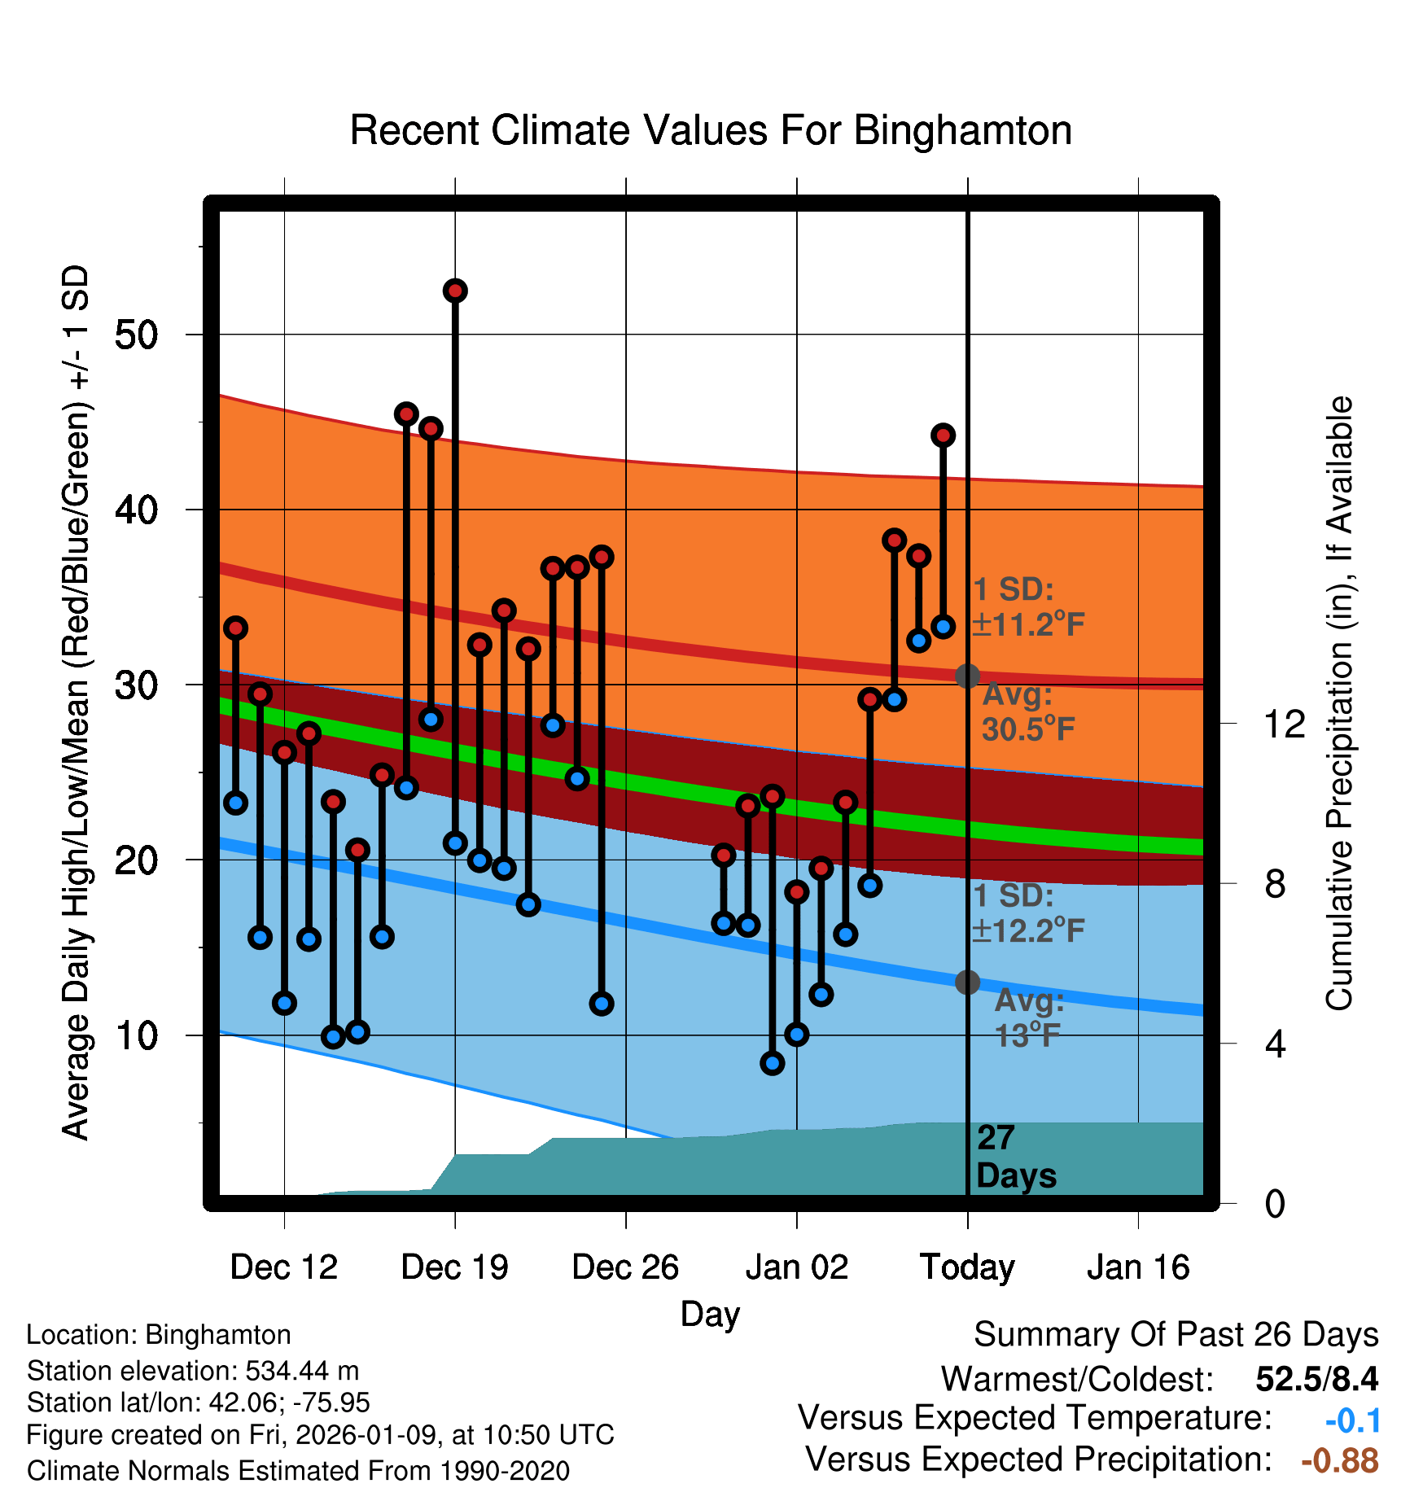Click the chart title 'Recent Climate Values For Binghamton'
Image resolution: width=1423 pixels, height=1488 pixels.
(710, 130)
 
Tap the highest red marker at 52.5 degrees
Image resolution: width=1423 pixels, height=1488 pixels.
(455, 291)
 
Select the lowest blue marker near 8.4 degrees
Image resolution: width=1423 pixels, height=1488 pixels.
(773, 1063)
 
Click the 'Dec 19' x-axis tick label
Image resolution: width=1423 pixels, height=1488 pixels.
(454, 1267)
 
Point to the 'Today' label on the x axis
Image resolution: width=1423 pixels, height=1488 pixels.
(967, 1267)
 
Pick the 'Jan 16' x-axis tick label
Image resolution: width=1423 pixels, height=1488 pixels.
(1138, 1267)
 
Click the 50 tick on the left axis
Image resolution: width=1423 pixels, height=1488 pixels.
(136, 335)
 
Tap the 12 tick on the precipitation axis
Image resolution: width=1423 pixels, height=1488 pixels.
(1285, 724)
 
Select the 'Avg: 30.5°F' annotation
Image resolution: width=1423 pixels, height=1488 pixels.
(1027, 712)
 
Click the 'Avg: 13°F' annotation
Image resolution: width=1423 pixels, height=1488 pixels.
(1028, 1018)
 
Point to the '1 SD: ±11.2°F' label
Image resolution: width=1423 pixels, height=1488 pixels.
(1028, 607)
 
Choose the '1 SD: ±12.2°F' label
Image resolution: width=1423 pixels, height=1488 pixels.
(1028, 913)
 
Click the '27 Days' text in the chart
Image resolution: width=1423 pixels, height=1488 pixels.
(1015, 1157)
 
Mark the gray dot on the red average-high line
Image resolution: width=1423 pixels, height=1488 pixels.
(967, 676)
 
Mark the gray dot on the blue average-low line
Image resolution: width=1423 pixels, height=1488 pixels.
(967, 983)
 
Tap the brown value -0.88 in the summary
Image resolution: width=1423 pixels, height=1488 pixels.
(1339, 1460)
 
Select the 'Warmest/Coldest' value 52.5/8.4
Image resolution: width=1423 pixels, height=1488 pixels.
(1316, 1379)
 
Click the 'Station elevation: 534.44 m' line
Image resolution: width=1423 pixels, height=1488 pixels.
(193, 1371)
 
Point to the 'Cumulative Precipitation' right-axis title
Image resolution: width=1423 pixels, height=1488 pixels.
(1339, 703)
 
